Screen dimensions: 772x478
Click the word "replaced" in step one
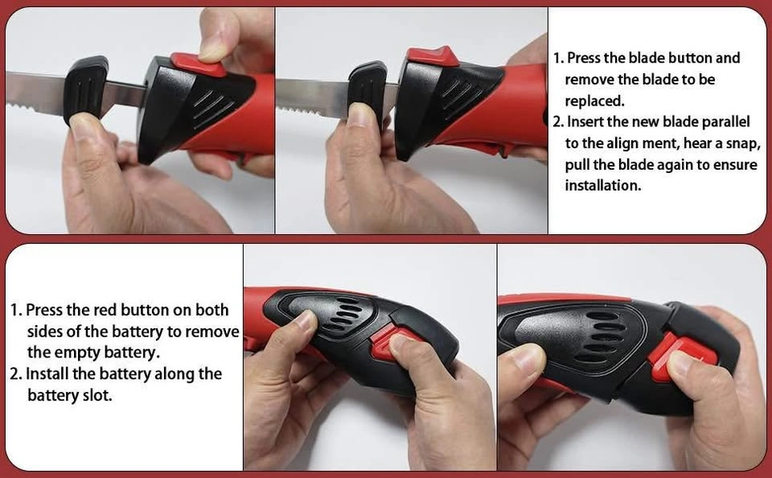[x=594, y=101]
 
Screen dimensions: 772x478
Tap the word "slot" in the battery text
[x=98, y=395]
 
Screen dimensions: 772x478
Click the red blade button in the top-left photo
[x=199, y=64]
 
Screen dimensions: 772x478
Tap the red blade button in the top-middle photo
[x=433, y=56]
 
